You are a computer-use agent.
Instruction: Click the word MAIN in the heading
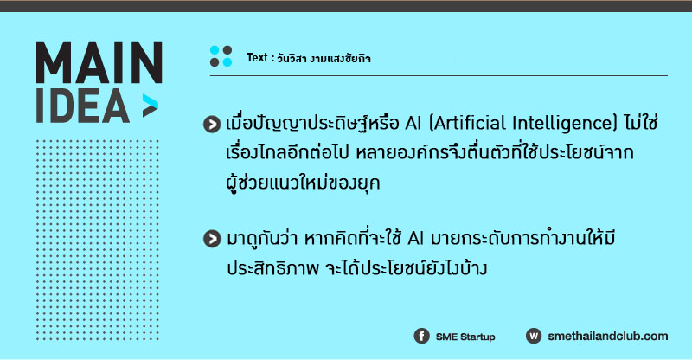(99, 62)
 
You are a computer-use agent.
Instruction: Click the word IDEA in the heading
(82, 106)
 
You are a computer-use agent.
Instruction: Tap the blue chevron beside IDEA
(150, 106)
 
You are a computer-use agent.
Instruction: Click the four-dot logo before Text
(221, 56)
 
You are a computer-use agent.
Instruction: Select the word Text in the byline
(257, 57)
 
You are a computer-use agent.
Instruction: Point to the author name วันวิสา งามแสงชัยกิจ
(324, 58)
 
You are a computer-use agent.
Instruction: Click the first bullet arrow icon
(212, 124)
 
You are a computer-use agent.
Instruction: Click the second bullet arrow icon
(212, 239)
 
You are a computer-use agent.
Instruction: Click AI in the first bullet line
(413, 124)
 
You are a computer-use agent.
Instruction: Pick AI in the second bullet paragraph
(415, 239)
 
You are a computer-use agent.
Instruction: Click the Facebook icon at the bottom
(421, 336)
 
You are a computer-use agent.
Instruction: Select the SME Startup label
(465, 337)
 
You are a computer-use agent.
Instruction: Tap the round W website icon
(534, 336)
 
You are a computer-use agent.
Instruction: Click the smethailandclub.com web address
(608, 336)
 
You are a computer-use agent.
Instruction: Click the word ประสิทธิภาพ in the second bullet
(272, 268)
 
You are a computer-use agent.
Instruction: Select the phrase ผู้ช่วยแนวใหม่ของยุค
(303, 182)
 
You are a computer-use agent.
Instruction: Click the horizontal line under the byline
(439, 76)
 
